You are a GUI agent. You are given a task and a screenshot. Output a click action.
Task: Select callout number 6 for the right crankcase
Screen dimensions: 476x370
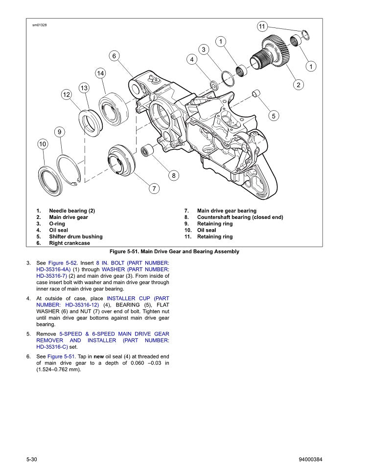114,56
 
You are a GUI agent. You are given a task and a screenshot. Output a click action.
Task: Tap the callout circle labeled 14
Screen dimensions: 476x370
100,73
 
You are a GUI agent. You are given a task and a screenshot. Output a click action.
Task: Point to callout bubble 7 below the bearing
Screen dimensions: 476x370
153,188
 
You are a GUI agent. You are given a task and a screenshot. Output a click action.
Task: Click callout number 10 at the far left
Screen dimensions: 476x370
43,144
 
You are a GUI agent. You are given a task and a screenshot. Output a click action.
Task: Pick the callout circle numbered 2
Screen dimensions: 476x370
298,85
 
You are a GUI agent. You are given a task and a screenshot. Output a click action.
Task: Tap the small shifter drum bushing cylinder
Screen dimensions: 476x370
255,94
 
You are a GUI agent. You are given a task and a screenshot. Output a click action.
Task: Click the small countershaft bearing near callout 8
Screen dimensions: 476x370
146,150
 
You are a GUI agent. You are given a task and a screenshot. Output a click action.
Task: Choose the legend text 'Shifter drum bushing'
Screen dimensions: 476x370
75,237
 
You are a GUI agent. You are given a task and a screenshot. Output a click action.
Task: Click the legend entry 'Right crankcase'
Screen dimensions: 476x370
69,243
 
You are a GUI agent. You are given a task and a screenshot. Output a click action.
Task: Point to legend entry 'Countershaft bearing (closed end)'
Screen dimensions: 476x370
240,217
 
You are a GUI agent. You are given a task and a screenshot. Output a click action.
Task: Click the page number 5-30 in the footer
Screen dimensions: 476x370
32,459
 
